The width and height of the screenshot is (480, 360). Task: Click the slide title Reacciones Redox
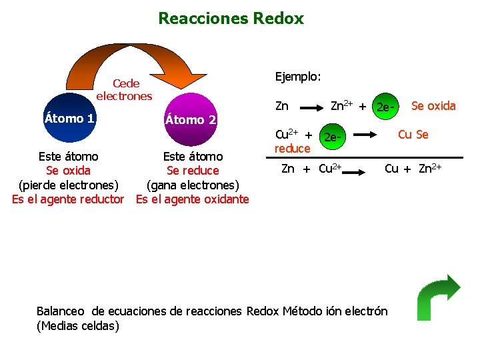pyautogui.click(x=231, y=19)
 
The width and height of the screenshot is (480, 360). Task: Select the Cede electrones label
pyautogui.click(x=125, y=89)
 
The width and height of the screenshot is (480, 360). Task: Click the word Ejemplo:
pyautogui.click(x=298, y=77)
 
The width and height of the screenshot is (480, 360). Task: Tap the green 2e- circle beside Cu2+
pyautogui.click(x=333, y=138)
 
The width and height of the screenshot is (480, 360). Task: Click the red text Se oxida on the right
pyautogui.click(x=433, y=105)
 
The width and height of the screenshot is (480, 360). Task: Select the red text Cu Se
pyautogui.click(x=413, y=135)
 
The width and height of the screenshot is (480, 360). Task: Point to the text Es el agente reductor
pyautogui.click(x=68, y=199)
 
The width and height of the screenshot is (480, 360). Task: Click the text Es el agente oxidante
pyautogui.click(x=192, y=199)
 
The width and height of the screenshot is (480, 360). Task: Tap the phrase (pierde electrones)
pyautogui.click(x=68, y=185)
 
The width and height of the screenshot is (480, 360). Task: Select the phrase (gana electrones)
pyautogui.click(x=192, y=185)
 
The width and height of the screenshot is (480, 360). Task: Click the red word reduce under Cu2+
pyautogui.click(x=292, y=148)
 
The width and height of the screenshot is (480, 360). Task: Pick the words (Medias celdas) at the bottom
pyautogui.click(x=78, y=325)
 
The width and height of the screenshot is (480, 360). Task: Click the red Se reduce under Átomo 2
pyautogui.click(x=193, y=171)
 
